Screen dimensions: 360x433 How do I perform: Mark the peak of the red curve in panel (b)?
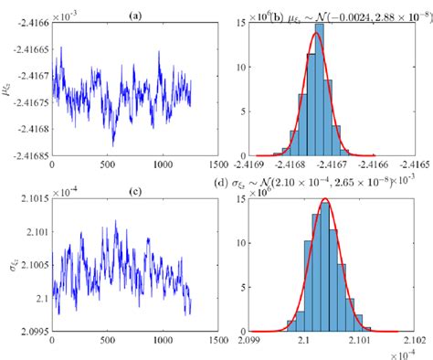[x=316, y=36]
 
